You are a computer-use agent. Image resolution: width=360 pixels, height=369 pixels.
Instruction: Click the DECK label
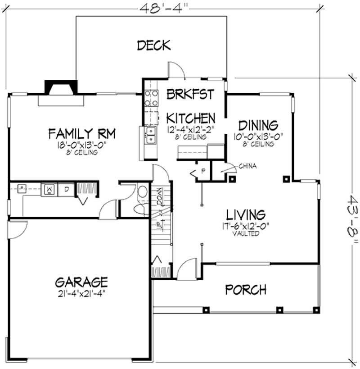pos(154,46)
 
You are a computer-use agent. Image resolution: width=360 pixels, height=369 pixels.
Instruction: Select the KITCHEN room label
pos(191,118)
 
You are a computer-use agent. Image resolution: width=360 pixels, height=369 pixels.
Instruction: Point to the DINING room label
pos(258,124)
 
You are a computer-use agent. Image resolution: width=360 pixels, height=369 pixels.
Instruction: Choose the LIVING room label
pos(246,214)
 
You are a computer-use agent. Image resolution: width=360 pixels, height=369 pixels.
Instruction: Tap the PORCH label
pos(246,289)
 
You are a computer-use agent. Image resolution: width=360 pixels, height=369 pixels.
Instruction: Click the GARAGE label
pos(81,282)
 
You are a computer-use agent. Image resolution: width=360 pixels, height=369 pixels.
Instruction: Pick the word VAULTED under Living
pos(246,234)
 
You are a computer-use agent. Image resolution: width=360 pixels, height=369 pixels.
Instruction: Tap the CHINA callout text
pos(248,166)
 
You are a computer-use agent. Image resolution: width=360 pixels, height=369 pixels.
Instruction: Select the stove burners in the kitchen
pos(151,99)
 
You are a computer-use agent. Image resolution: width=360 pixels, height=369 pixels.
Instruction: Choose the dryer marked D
pos(66,189)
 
